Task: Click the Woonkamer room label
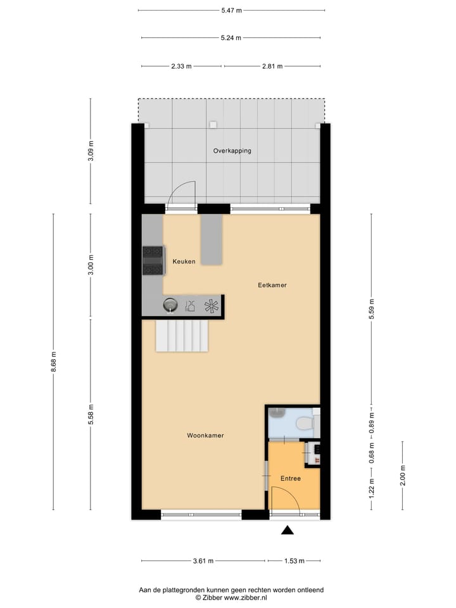click(205, 436)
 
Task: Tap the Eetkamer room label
click(272, 285)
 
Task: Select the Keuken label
click(184, 262)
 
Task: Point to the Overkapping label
click(232, 151)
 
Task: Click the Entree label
click(290, 478)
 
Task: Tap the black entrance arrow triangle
click(288, 531)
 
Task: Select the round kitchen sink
click(170, 305)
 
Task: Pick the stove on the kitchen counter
click(153, 260)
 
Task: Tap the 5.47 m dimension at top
click(231, 11)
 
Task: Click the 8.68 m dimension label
click(54, 362)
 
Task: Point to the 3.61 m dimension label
click(202, 560)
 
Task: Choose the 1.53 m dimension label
click(293, 560)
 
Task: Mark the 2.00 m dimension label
click(402, 475)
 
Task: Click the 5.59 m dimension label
click(372, 308)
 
